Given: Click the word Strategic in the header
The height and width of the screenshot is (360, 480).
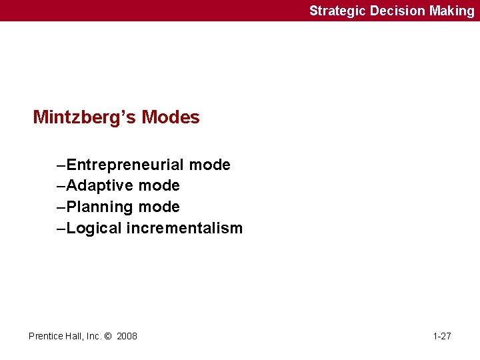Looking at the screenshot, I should click(x=337, y=11).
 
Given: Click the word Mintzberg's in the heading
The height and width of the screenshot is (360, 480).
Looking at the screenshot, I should click(x=85, y=117).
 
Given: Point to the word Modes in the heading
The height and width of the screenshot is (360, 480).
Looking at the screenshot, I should click(x=171, y=117).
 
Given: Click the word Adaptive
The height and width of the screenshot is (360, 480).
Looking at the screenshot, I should click(x=101, y=185).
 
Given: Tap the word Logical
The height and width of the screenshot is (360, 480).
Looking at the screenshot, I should click(x=95, y=228).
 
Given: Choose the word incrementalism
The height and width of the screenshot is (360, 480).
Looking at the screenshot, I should click(x=185, y=228).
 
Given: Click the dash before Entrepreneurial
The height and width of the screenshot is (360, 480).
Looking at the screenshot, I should click(x=61, y=165).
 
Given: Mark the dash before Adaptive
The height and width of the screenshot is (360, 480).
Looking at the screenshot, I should click(x=61, y=185).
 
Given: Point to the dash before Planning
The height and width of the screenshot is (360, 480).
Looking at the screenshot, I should click(x=61, y=207).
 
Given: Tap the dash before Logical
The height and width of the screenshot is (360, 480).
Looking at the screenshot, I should click(x=61, y=228).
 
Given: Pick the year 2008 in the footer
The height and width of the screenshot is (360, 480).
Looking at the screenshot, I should click(x=127, y=336).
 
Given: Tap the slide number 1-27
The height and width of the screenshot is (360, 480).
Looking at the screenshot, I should click(x=442, y=336).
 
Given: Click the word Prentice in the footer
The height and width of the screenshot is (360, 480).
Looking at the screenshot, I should click(x=45, y=336).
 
